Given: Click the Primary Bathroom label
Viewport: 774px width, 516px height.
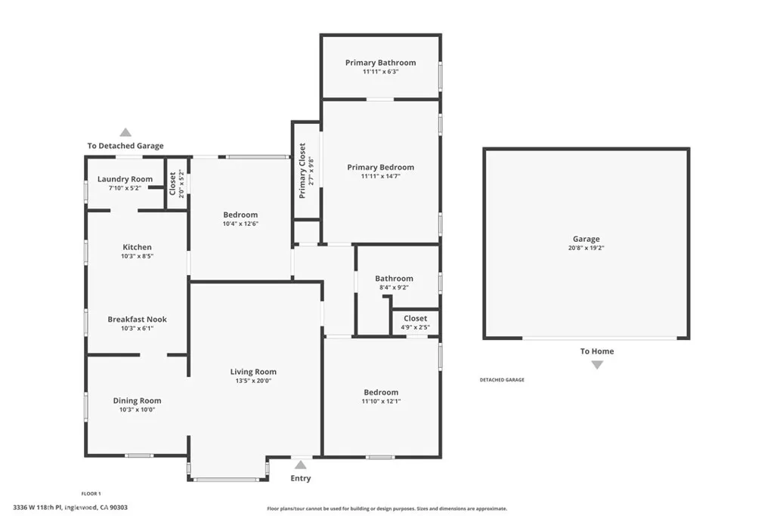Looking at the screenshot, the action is pos(381,63).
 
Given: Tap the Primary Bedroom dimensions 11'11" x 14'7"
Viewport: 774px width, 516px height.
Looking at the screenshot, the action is pos(381,176).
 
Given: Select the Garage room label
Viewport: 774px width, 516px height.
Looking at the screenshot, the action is pos(587,239).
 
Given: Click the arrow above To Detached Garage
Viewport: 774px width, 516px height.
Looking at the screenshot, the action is pos(125,132).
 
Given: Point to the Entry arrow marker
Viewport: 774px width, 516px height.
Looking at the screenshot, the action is pos(301,465).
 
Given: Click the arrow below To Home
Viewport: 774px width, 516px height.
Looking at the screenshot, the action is pos(597,365).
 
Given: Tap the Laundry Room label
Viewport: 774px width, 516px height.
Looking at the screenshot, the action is pos(125,179).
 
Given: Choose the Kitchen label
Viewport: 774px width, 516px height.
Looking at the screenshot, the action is pos(138,247).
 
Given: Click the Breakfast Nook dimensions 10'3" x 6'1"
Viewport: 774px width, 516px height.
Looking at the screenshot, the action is pos(138,328).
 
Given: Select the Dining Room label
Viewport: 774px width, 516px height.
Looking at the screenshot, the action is pos(138,400).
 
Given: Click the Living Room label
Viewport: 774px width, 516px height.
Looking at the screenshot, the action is pos(253,372).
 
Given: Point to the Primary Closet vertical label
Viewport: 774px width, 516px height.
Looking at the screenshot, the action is pos(302,171).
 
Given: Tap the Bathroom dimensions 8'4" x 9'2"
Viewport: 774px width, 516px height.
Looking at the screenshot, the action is pos(394,287).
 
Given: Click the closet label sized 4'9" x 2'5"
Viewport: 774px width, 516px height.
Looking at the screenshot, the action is pos(415,318).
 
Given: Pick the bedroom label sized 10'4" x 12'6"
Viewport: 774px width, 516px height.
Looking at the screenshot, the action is pos(240,215).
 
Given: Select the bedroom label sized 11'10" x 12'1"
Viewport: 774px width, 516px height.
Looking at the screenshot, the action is pos(381,392).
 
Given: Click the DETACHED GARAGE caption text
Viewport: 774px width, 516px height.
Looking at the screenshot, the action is pos(502,380).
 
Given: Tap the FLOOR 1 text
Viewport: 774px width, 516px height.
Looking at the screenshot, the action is pos(91,493).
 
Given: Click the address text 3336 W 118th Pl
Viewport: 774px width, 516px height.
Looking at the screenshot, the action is pos(37,507).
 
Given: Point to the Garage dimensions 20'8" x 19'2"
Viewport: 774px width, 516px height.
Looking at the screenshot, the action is pos(587,248).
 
